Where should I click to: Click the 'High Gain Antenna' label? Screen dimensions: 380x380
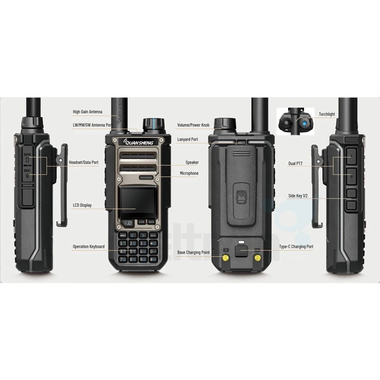coord(87,112)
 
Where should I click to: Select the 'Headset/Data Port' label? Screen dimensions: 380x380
coord(84,162)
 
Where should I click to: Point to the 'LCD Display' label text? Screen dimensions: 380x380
coord(82,205)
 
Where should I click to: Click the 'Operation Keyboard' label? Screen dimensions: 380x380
coord(88,247)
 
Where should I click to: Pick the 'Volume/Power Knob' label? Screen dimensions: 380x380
coord(193,125)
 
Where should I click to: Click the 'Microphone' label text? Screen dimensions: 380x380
coord(189,173)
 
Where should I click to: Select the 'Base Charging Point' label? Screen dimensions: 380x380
coord(193,252)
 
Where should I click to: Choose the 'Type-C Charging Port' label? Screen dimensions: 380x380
coord(296,247)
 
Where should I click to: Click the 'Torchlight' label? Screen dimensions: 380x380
coord(327,114)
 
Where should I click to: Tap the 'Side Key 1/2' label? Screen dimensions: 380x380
coord(298,195)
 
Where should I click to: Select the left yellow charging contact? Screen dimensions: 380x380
coord(225,257)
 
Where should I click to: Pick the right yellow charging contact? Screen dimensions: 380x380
coord(257,257)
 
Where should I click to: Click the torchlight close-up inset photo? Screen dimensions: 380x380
coord(295,121)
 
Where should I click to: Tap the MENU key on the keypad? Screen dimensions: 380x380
coord(123,235)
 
